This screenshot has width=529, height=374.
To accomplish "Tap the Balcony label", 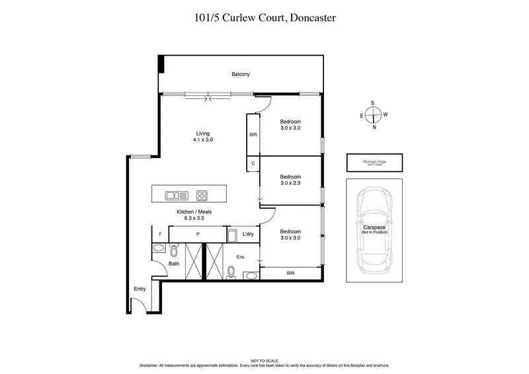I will pyautogui.click(x=240, y=75).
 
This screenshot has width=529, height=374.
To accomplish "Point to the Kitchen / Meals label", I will pyautogui.click(x=193, y=215).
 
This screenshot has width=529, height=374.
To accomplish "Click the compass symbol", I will pyautogui.click(x=374, y=115).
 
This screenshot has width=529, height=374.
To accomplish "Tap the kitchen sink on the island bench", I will pyautogui.click(x=177, y=195).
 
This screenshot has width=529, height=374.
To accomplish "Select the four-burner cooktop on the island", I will pyautogui.click(x=202, y=195).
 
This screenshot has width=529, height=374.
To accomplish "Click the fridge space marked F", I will pyautogui.click(x=160, y=234).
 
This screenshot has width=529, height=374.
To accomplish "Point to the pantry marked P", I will pyautogui.click(x=198, y=234).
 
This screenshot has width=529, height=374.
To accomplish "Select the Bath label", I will pyautogui.click(x=173, y=264).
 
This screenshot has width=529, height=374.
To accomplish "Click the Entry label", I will pyautogui.click(x=140, y=289).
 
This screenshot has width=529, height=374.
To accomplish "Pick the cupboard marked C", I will pyautogui.click(x=253, y=163).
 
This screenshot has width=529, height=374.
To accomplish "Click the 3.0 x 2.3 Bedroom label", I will pyautogui.click(x=290, y=180).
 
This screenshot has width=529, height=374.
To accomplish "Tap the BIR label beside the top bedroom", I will pyautogui.click(x=253, y=135).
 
